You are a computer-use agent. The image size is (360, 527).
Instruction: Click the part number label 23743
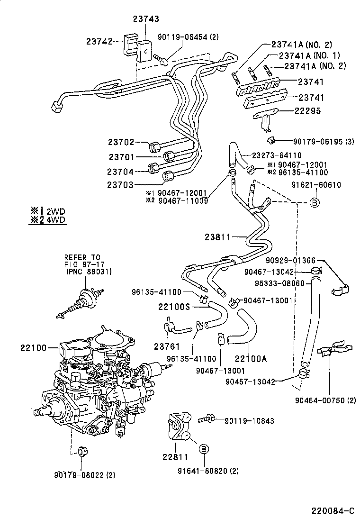point(145,19)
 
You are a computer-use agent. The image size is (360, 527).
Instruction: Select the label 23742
point(99,42)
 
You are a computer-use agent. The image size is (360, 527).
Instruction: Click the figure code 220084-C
point(333,511)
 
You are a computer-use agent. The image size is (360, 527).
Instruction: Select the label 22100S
point(174,307)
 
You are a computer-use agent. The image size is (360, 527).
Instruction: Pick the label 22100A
point(251,359)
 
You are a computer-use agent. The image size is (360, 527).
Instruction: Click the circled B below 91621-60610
point(315,202)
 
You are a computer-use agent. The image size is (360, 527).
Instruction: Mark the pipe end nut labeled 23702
point(154,145)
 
